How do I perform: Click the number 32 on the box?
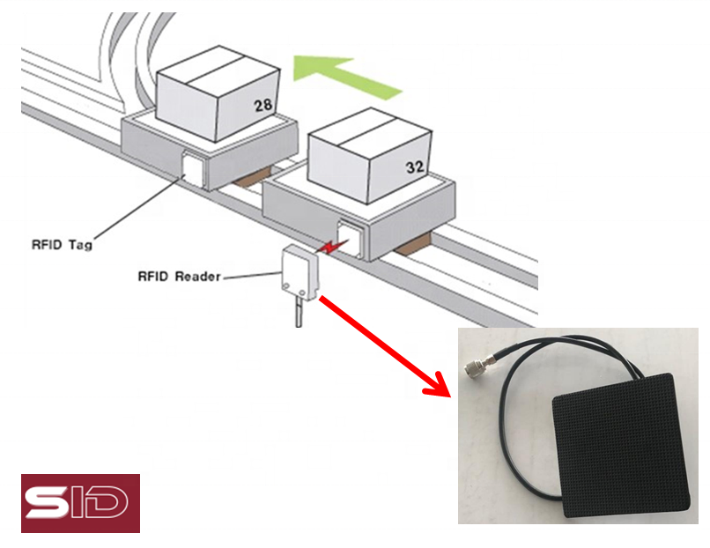tap(416, 165)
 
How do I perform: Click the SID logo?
tap(80, 503)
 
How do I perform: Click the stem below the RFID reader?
tap(298, 313)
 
